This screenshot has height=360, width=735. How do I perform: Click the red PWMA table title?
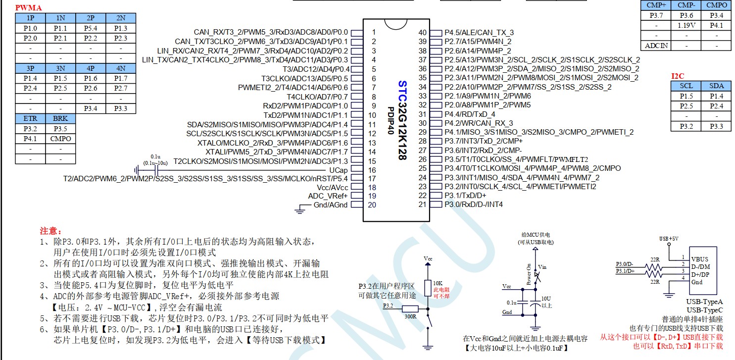click(x=29, y=7)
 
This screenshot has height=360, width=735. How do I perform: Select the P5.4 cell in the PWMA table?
click(x=91, y=28)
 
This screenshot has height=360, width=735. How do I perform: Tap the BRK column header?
click(x=60, y=118)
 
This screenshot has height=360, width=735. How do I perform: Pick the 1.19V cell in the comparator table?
click(x=686, y=25)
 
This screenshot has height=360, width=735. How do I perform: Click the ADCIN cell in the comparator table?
click(x=656, y=46)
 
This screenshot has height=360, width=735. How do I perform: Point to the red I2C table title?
click(x=678, y=76)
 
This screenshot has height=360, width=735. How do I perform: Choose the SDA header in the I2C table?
click(x=716, y=86)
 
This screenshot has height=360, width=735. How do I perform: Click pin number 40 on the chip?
click(x=422, y=33)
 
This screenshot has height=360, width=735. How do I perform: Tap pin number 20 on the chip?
click(x=372, y=205)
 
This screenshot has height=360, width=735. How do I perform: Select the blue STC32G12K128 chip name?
click(x=402, y=120)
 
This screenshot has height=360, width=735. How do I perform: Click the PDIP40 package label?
click(x=391, y=120)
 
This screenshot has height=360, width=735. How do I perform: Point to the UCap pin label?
click(x=338, y=170)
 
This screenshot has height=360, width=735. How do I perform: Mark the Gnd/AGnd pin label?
click(x=331, y=205)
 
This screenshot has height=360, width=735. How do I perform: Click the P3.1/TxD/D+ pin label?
click(x=465, y=196)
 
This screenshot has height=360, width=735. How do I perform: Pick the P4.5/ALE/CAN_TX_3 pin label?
click(x=479, y=33)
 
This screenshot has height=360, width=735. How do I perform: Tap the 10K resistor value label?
click(x=438, y=283)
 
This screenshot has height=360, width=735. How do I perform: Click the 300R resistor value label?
click(x=410, y=316)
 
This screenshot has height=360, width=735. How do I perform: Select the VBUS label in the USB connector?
click(x=699, y=259)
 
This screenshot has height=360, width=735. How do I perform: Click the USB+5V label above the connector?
click(x=669, y=239)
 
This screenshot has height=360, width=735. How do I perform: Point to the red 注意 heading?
click(x=50, y=231)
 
